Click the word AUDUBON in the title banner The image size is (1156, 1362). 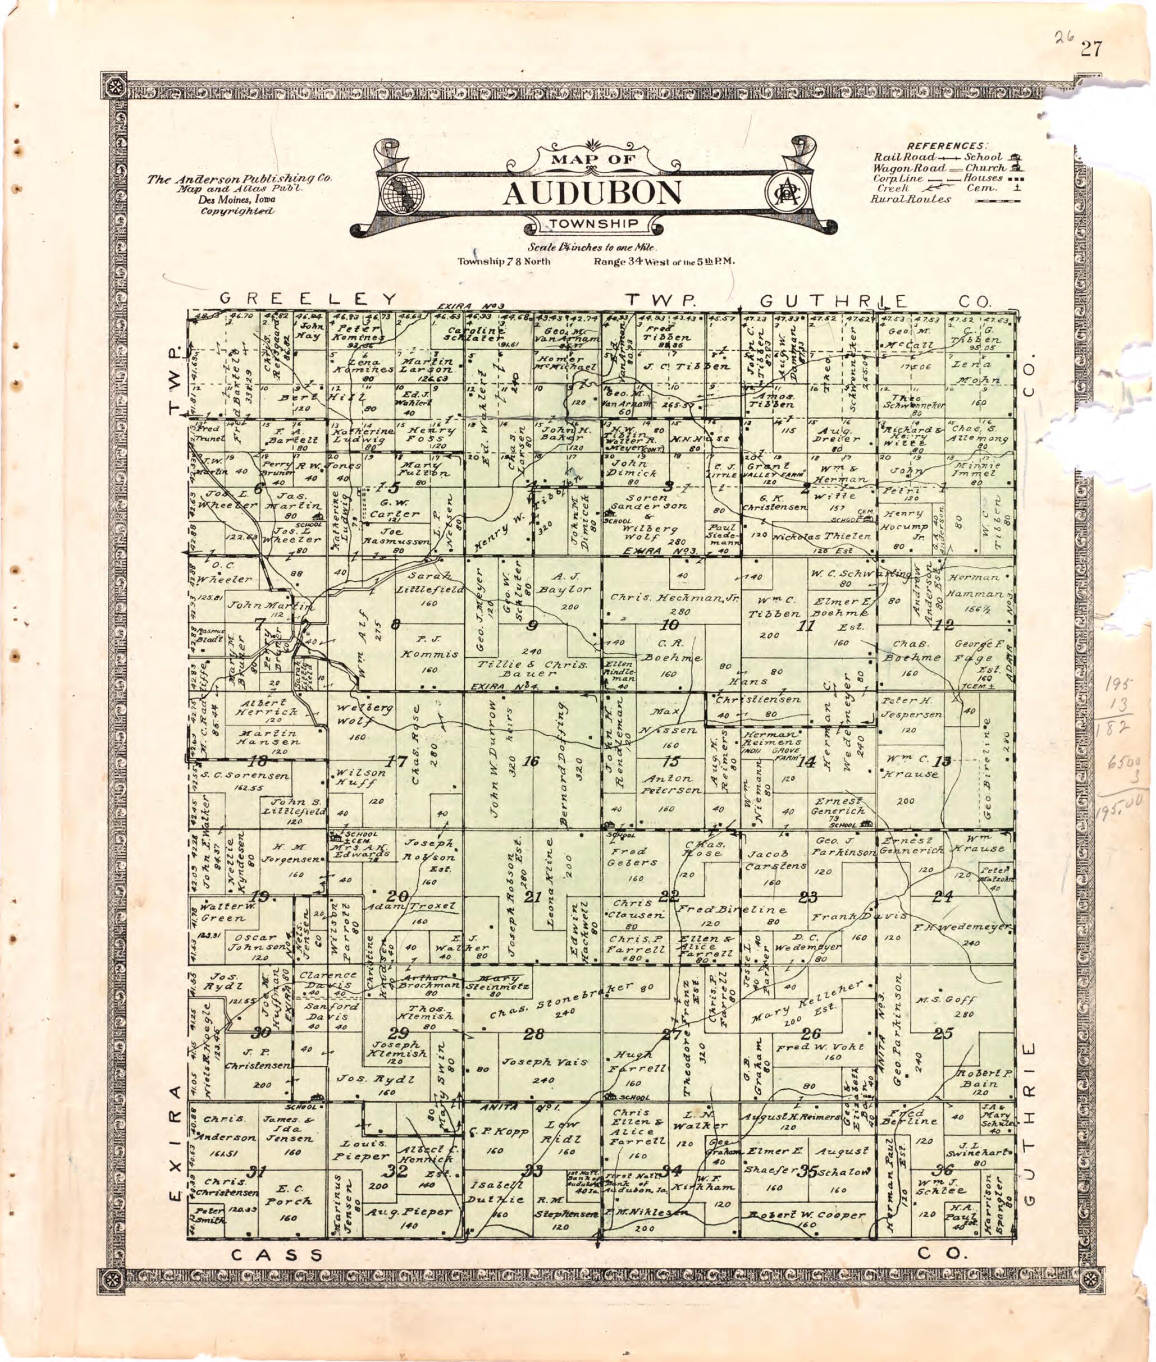click(593, 192)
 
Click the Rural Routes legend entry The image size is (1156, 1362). click(910, 199)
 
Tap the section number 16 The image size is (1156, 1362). click(531, 762)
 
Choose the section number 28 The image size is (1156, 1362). click(534, 1034)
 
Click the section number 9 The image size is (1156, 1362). click(532, 625)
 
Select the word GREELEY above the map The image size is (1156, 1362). click(309, 299)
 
